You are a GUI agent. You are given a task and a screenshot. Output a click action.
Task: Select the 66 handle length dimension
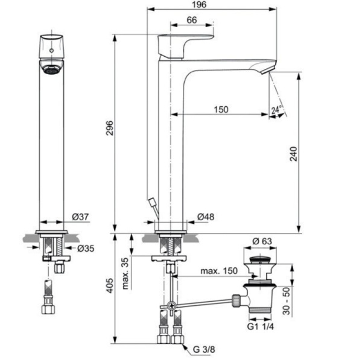(192, 20)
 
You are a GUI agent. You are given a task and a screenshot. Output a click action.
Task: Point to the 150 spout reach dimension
(221, 109)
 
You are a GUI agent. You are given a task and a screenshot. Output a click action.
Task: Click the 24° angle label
(276, 110)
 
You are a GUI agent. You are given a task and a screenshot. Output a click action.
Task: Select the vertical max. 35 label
(125, 274)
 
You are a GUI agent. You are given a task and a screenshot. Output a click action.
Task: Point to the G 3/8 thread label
(204, 349)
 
